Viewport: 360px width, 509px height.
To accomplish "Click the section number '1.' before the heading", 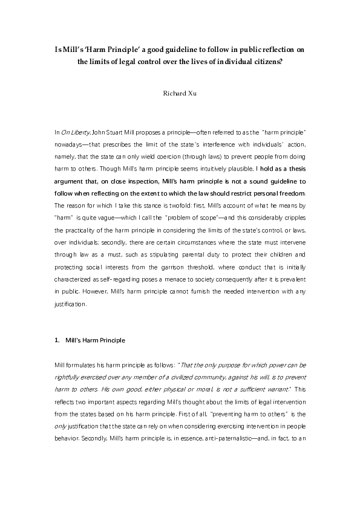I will click(x=57, y=340).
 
